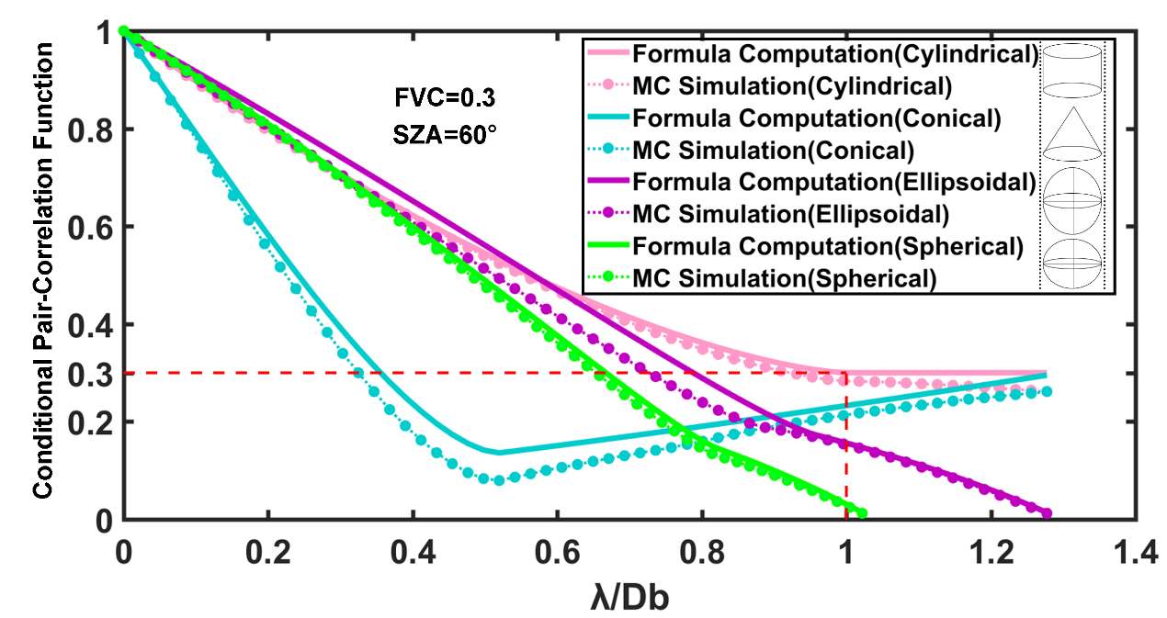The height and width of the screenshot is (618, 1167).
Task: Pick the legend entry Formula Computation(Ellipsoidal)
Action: click(x=836, y=182)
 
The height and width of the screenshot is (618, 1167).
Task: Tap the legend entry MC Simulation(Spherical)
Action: click(x=784, y=277)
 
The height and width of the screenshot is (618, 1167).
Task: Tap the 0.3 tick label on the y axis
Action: click(x=96, y=373)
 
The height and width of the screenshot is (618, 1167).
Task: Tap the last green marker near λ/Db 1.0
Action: click(x=861, y=513)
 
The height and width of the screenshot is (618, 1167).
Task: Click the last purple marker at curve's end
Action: click(x=1047, y=513)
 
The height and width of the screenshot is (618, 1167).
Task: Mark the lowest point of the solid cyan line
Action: click(x=498, y=452)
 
